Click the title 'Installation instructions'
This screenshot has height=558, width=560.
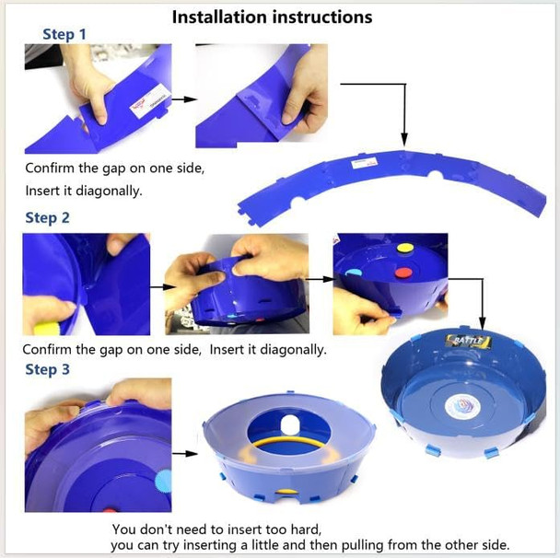(x=272, y=17)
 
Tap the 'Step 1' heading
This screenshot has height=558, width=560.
(x=64, y=34)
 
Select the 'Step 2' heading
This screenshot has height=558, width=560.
(x=47, y=218)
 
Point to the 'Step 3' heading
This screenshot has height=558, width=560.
(x=47, y=369)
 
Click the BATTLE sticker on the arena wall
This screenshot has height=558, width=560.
(x=469, y=342)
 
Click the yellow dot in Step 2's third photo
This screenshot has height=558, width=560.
(x=405, y=248)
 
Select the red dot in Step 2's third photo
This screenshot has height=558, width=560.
(x=403, y=273)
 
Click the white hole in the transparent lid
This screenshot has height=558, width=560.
(x=290, y=424)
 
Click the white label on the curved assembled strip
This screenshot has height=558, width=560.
(x=364, y=163)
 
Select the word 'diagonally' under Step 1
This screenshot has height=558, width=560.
(x=109, y=191)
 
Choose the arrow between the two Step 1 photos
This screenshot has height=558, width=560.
(x=184, y=99)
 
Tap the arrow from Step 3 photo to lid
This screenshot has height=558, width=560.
(x=185, y=454)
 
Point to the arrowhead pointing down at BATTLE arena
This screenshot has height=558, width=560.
(x=482, y=324)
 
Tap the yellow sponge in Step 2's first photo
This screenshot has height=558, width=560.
(x=45, y=328)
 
